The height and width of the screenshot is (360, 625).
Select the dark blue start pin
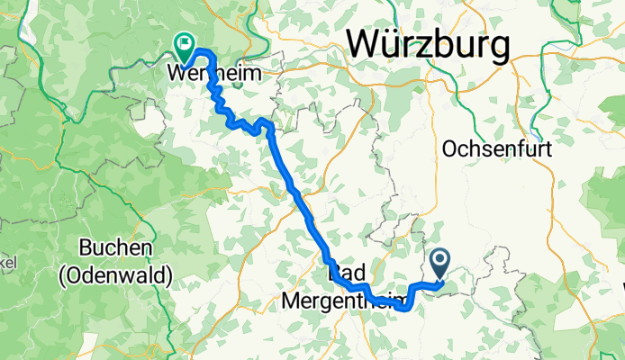point(440,264)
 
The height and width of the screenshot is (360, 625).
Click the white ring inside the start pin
point(440,261)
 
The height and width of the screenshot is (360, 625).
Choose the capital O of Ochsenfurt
point(449,148)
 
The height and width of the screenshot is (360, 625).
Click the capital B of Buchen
point(86,248)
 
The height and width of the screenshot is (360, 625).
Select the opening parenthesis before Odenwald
point(63,277)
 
